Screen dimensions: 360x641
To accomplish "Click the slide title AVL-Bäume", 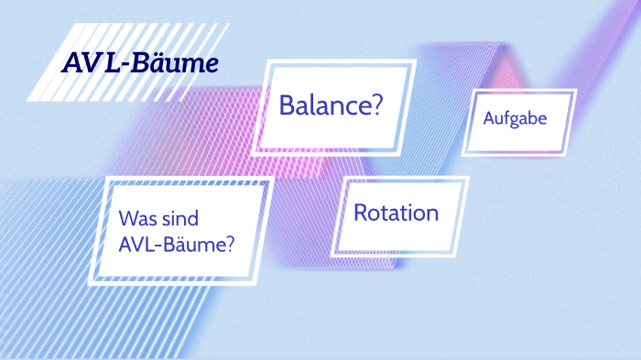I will (x=140, y=64).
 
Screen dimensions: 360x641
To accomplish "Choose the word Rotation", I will (x=396, y=213).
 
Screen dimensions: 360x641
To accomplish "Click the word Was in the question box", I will (x=136, y=220).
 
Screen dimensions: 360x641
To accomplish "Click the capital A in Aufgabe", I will (x=488, y=120).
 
